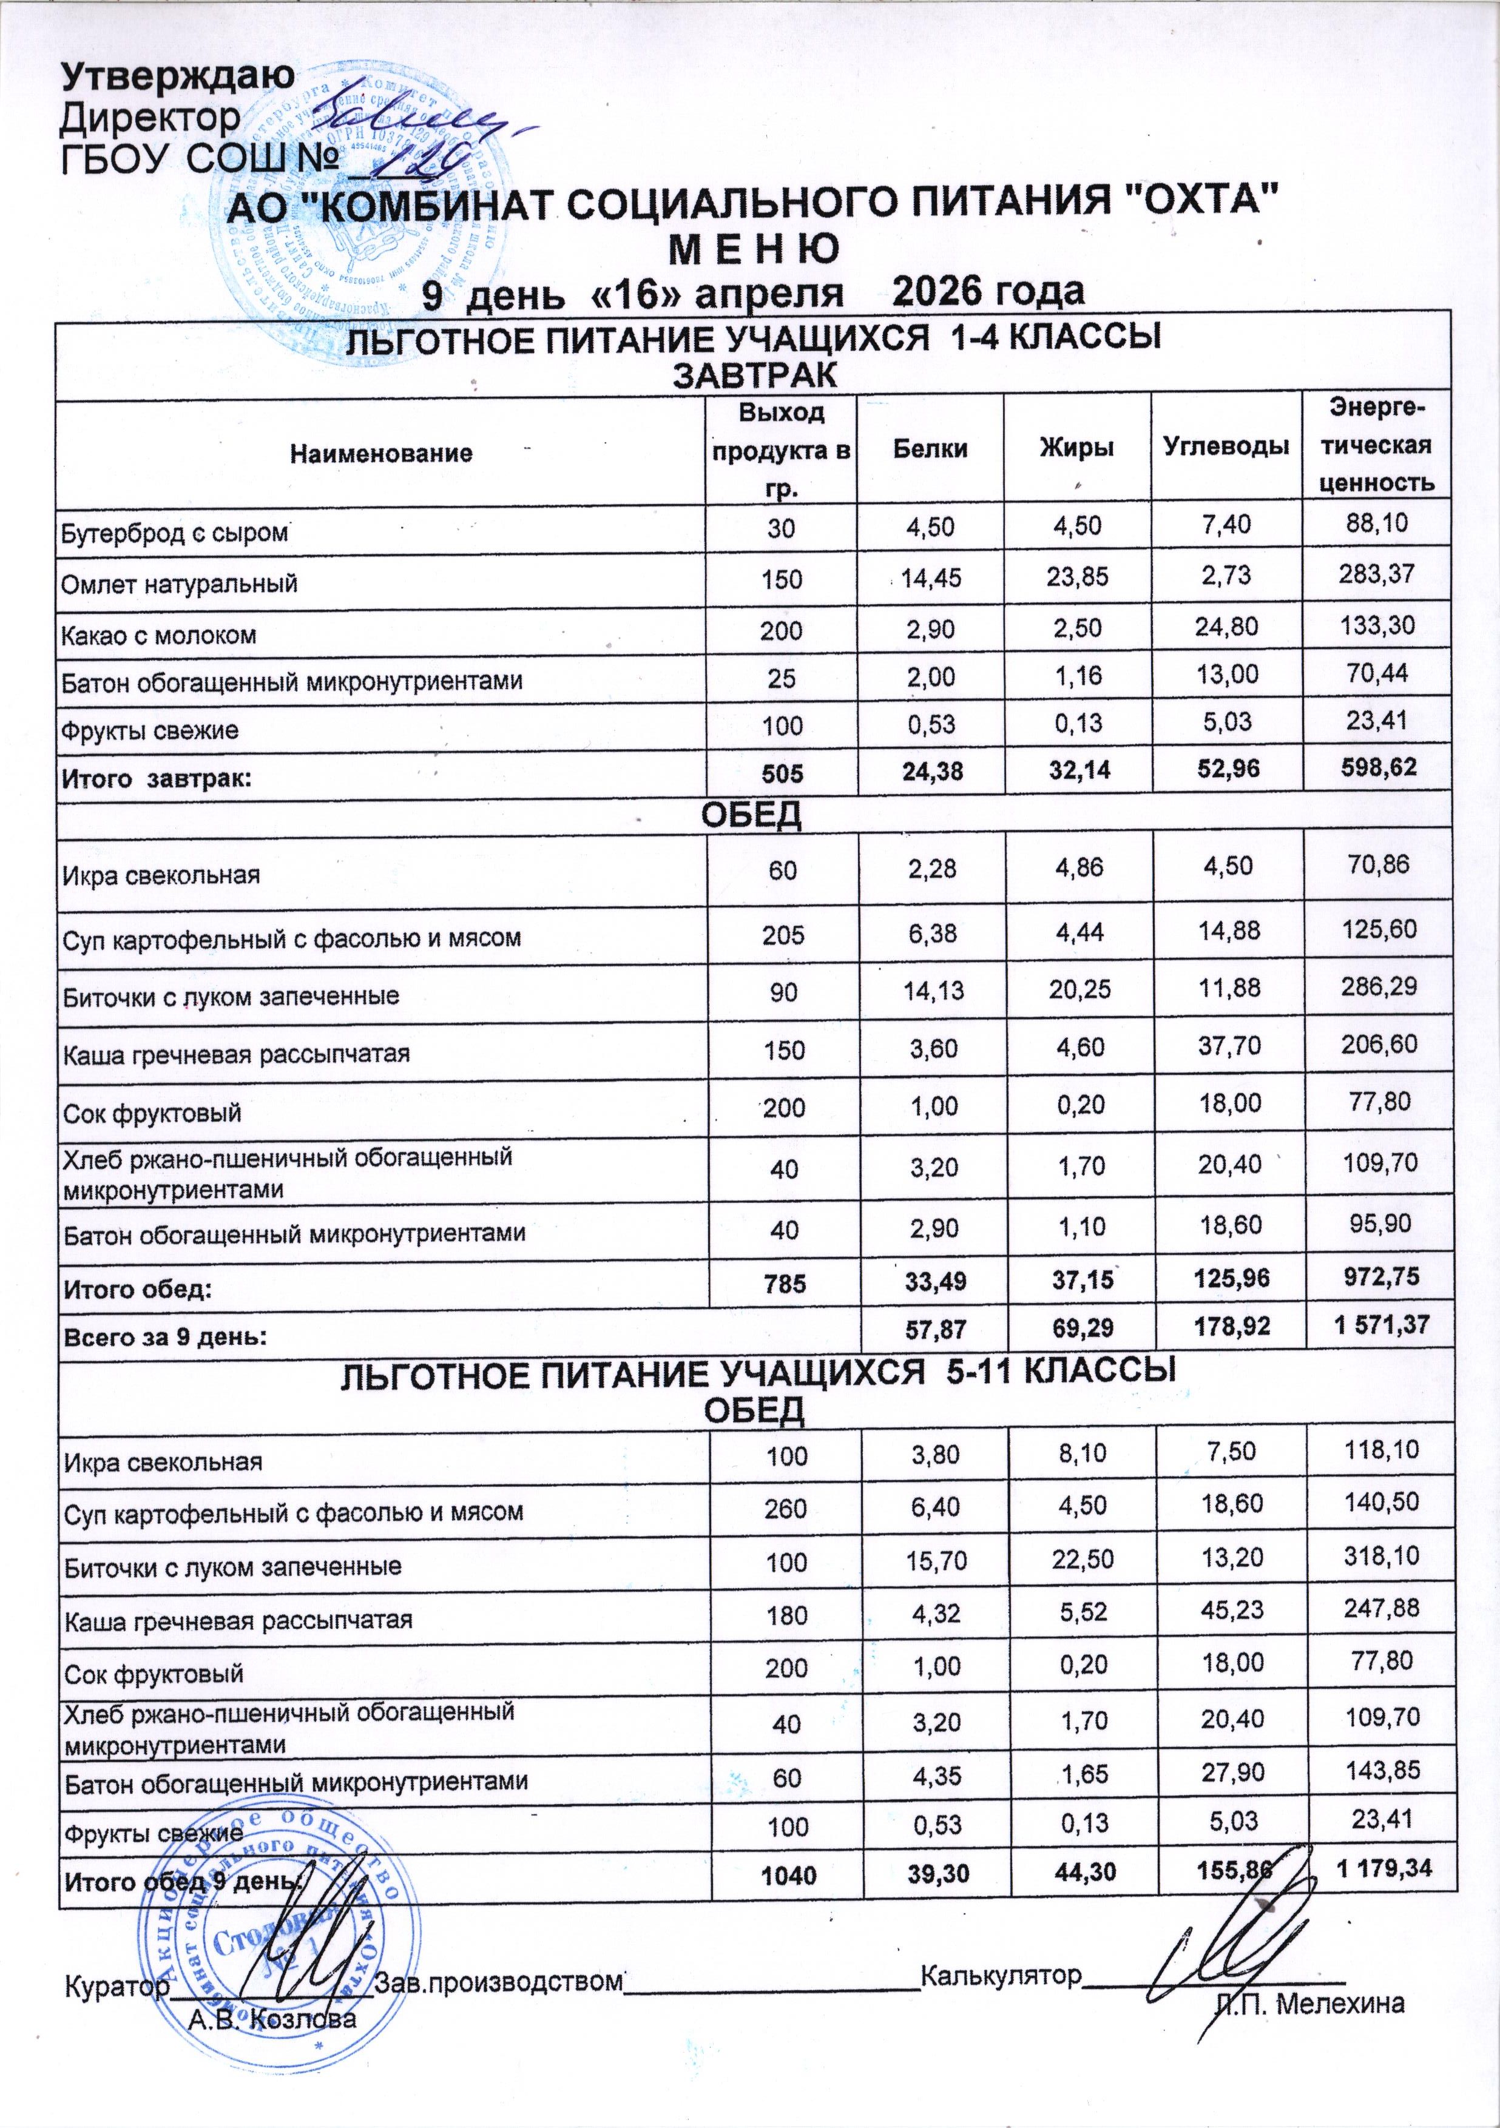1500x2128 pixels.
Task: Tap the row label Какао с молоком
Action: point(158,636)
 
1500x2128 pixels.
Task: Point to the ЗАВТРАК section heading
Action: point(753,376)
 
